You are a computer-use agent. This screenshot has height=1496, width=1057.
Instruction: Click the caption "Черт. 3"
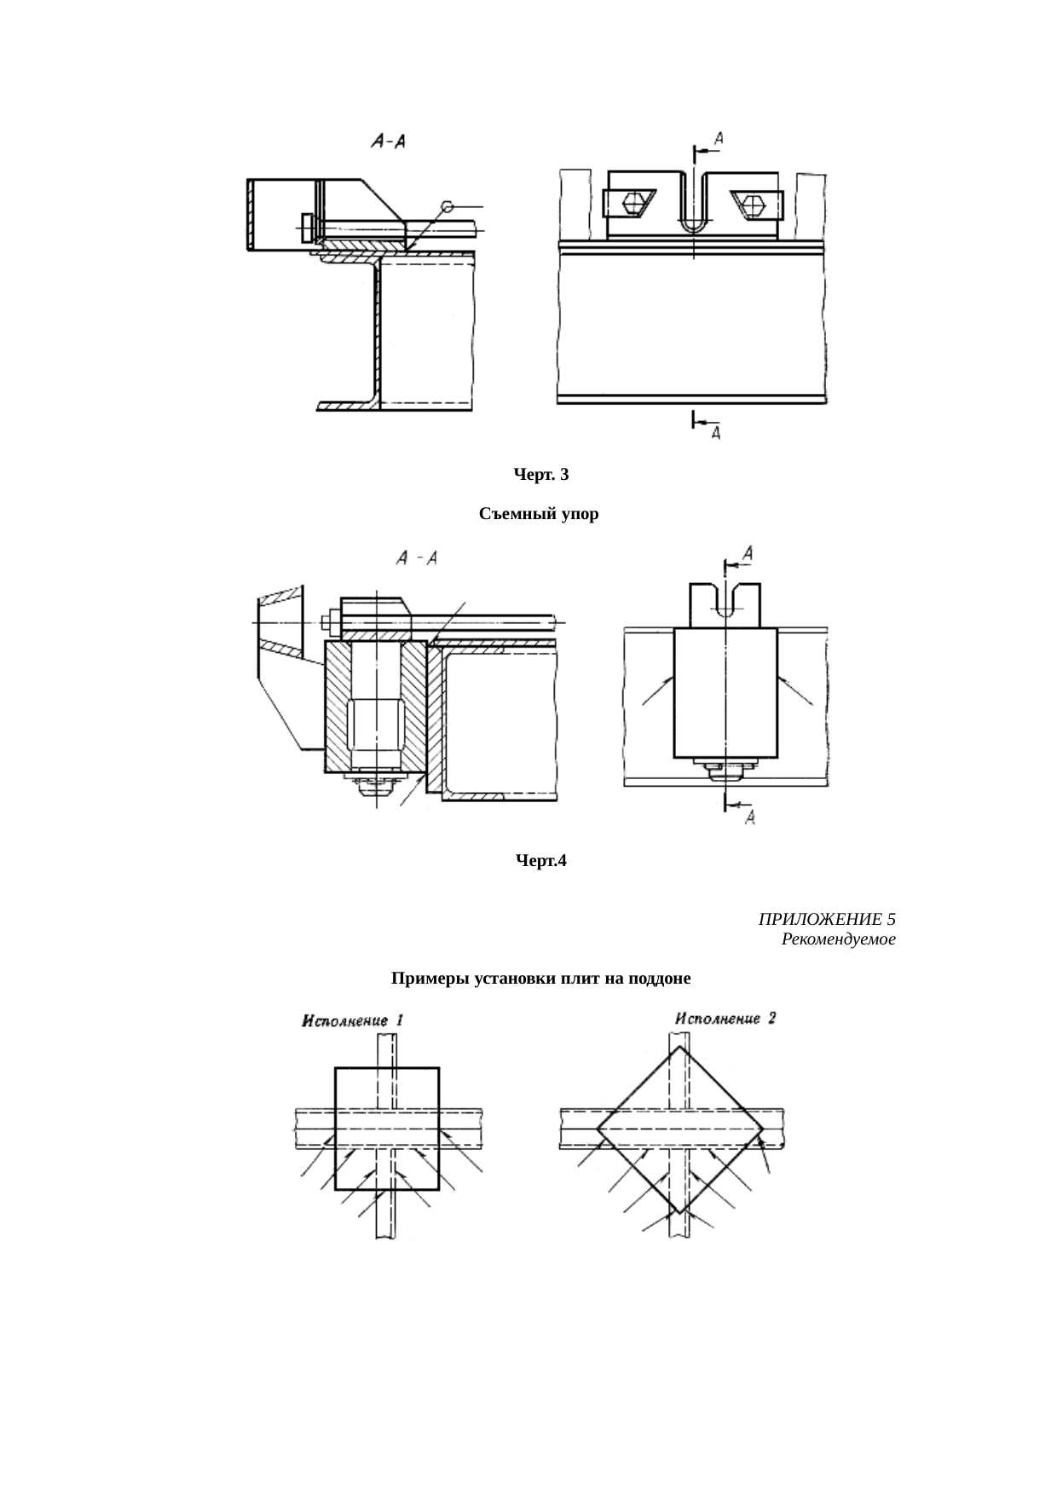point(540,474)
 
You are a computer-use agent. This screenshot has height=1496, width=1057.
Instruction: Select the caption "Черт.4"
point(541,861)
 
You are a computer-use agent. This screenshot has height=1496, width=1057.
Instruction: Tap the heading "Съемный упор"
point(539,514)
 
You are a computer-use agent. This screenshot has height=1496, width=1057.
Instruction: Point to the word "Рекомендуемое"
point(838,939)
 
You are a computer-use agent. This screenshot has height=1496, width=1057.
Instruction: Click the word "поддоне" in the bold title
point(659,979)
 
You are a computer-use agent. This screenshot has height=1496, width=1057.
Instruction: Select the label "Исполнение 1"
point(353,1020)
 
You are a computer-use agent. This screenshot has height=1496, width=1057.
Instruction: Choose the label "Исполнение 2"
point(725,1019)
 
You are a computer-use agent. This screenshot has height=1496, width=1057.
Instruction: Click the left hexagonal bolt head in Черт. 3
point(633,205)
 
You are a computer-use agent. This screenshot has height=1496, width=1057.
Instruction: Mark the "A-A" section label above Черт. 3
point(388,142)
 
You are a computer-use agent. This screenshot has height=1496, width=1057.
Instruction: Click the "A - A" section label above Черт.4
point(418,558)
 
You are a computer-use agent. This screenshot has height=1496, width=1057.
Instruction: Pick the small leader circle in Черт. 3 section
point(447,206)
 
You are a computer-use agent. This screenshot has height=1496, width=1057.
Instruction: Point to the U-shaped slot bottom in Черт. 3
point(695,226)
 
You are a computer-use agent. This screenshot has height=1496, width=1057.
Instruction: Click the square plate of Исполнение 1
point(387,1127)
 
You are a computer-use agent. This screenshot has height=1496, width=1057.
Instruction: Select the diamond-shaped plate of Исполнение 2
point(679,1129)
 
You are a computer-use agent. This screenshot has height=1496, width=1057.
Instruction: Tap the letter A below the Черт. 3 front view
point(716,433)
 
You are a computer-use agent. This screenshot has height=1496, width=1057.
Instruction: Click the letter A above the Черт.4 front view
point(747,554)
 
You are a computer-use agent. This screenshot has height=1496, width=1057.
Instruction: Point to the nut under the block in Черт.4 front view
point(724,769)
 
